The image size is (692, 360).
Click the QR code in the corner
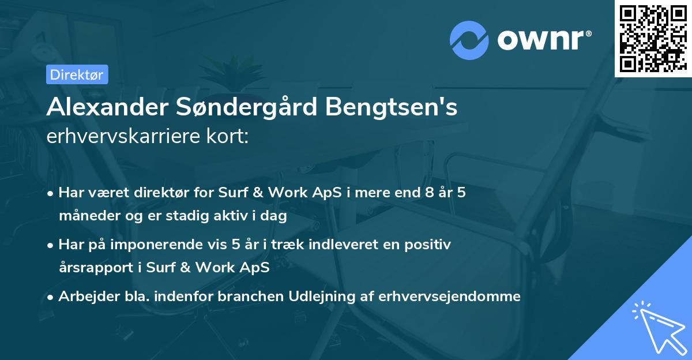click(653, 38)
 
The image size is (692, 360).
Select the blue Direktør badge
click(76, 74)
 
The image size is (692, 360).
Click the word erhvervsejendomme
click(449, 297)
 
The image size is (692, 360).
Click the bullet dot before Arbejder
click(51, 297)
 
